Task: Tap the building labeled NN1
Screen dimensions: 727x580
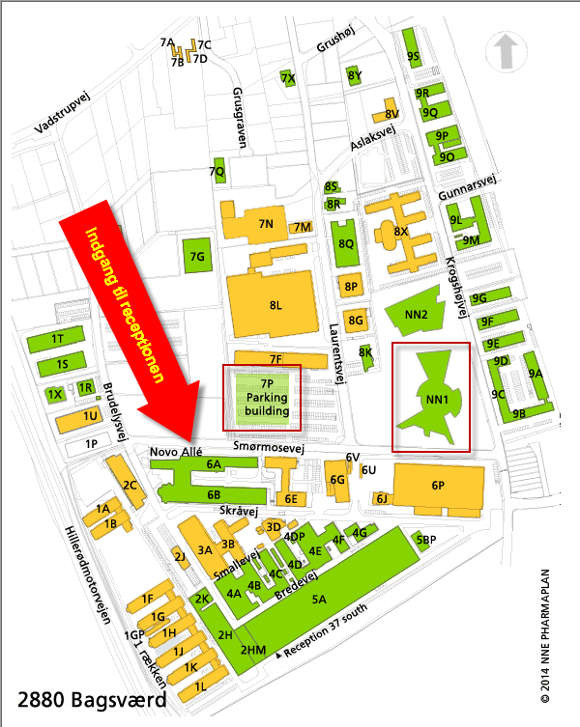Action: click(430, 397)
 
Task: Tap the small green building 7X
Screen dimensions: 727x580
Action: click(287, 77)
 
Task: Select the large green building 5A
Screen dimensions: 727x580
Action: click(319, 599)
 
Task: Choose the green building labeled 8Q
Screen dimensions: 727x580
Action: click(344, 243)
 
